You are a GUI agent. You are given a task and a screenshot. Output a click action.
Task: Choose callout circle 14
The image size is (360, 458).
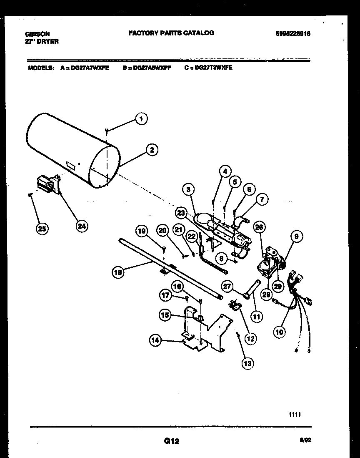(155, 341)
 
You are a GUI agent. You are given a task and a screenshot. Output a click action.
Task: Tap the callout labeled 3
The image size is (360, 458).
(189, 190)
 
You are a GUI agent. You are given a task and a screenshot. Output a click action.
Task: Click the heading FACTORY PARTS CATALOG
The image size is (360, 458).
(171, 33)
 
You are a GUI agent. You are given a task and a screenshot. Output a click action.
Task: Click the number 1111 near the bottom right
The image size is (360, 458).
(294, 414)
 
